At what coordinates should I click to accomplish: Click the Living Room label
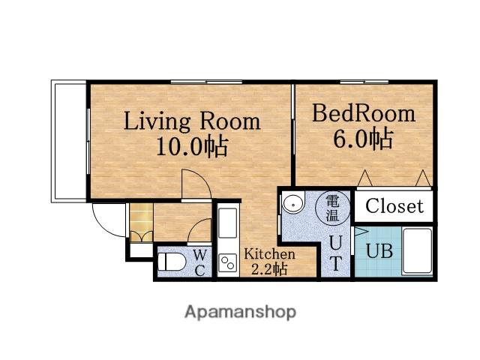(192, 121)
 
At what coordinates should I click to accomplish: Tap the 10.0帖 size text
(192, 146)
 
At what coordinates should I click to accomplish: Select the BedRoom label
(364, 113)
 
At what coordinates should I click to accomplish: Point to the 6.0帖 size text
(363, 139)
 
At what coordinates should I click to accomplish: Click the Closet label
(394, 205)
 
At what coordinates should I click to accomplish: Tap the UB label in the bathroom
(379, 252)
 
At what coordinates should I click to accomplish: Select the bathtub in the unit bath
(417, 251)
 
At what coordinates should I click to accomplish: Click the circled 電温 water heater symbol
(332, 208)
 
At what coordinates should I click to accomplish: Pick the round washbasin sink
(293, 202)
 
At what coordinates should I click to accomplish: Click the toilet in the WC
(172, 262)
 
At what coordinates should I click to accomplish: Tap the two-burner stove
(228, 263)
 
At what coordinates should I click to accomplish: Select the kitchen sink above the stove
(228, 223)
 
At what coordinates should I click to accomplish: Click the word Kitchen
(269, 254)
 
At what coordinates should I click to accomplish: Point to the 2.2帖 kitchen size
(269, 269)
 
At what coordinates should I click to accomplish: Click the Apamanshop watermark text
(240, 313)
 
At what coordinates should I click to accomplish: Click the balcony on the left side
(69, 141)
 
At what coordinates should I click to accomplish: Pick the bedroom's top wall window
(364, 82)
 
